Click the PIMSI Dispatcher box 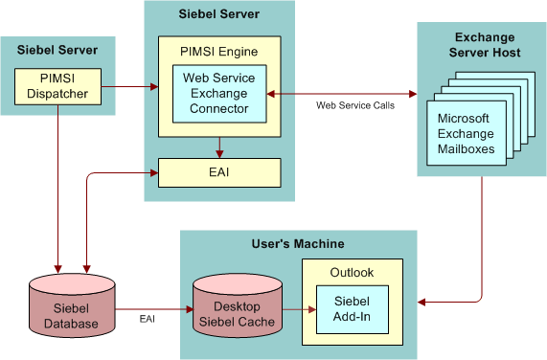coord(57,86)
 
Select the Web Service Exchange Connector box coord(219,94)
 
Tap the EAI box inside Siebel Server coord(219,172)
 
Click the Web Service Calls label coord(353,105)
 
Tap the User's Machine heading coord(297,245)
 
